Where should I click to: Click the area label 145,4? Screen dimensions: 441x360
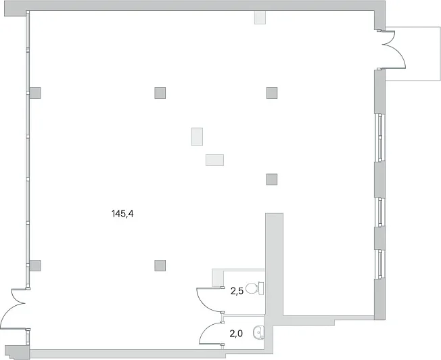point(122,214)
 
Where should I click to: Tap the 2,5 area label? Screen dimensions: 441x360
point(237,291)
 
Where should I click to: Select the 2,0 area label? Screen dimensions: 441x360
point(236,334)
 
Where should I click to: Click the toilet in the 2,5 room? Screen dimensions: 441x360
point(255,288)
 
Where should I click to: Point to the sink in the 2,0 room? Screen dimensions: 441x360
point(258,333)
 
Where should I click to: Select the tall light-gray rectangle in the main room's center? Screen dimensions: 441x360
point(197,137)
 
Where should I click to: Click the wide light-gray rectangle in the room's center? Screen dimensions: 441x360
point(214,160)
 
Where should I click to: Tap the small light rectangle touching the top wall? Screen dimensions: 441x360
point(260,18)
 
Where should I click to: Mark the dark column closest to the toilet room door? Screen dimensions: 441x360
point(160,265)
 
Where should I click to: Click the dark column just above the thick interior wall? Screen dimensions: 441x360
point(272,179)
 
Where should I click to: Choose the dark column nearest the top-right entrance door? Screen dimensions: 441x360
point(272,93)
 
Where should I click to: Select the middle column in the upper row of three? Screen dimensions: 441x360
point(160,93)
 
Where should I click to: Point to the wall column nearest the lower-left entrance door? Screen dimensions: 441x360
point(35,265)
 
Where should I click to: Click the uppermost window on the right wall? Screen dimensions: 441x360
point(379,137)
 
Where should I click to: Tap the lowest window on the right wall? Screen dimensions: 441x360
point(379,264)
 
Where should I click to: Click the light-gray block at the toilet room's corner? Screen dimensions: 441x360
point(217,277)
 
